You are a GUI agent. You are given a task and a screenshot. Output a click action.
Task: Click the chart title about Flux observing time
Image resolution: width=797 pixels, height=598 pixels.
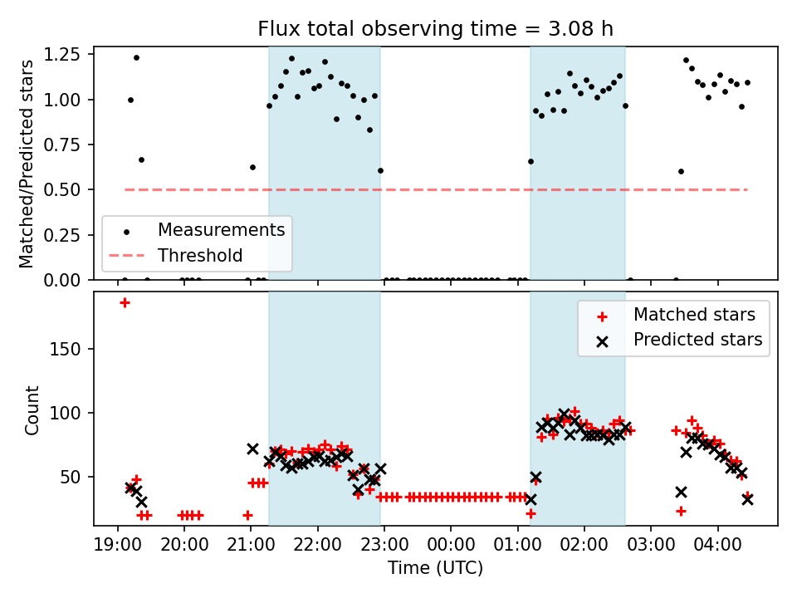[x=435, y=29]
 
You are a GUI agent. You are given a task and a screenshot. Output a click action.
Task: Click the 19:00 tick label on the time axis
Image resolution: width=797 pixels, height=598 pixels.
[x=118, y=549]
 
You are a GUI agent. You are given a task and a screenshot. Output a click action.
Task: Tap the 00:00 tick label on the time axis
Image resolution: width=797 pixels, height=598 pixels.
[x=451, y=549]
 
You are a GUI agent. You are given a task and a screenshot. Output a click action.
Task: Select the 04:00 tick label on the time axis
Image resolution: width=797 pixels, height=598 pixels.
[x=717, y=549]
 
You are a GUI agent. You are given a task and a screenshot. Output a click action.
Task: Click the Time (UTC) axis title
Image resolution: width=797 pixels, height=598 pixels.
[x=435, y=570]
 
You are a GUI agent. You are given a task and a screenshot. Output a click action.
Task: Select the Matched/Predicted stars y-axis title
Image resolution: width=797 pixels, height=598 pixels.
[x=27, y=163]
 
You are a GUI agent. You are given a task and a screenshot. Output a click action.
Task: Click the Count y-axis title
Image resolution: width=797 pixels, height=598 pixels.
[x=32, y=410]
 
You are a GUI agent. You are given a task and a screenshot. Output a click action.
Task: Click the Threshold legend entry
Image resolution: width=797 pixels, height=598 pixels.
[x=200, y=255]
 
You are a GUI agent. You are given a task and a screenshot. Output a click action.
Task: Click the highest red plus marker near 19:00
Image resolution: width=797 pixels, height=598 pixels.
[x=125, y=302]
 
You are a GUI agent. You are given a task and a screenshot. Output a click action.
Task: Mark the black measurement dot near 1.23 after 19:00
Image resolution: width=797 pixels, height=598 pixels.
[x=136, y=57]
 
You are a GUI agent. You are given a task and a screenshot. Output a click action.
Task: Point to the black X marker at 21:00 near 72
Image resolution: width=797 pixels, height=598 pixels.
[x=252, y=448]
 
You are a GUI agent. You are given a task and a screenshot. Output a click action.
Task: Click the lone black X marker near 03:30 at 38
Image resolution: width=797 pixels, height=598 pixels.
[x=681, y=492]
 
